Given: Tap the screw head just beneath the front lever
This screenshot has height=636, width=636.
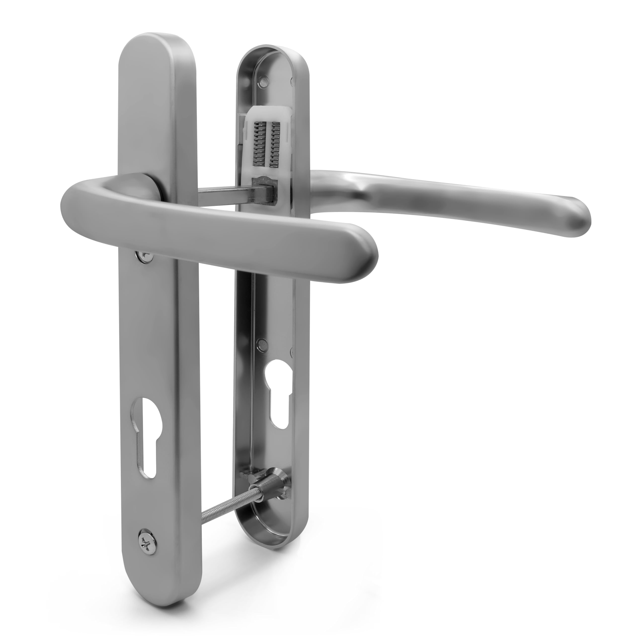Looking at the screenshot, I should coord(145,256).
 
